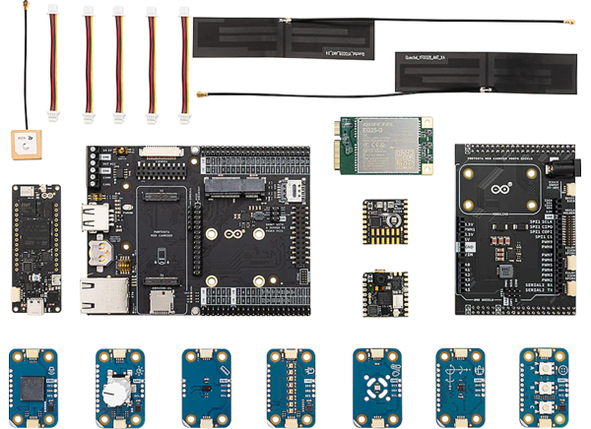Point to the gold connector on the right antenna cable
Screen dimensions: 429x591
point(568,22)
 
